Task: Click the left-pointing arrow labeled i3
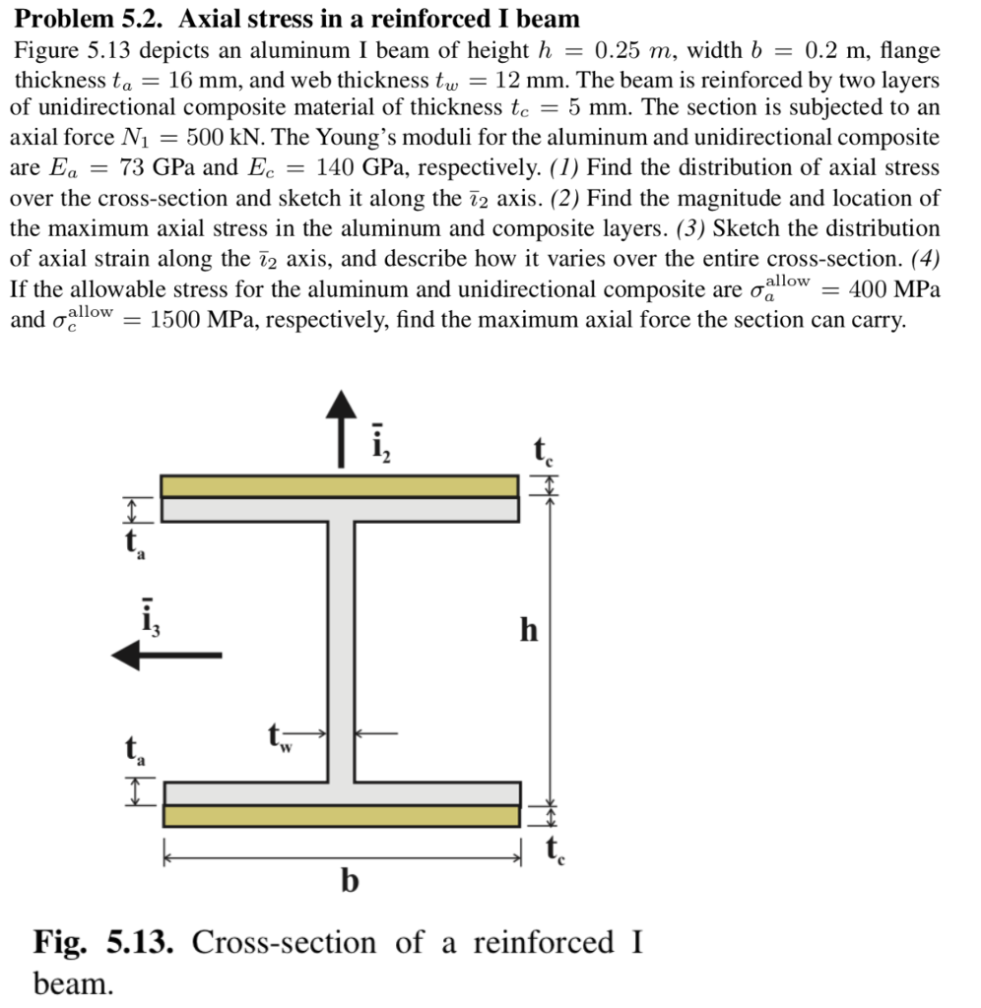coord(167,654)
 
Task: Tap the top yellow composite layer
coord(340,486)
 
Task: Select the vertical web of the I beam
coord(340,650)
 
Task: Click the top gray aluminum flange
coord(340,509)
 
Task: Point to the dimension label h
coord(529,630)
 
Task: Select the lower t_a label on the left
coord(131,753)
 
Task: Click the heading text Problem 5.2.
coord(89,19)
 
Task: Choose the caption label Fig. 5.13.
coord(104,942)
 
